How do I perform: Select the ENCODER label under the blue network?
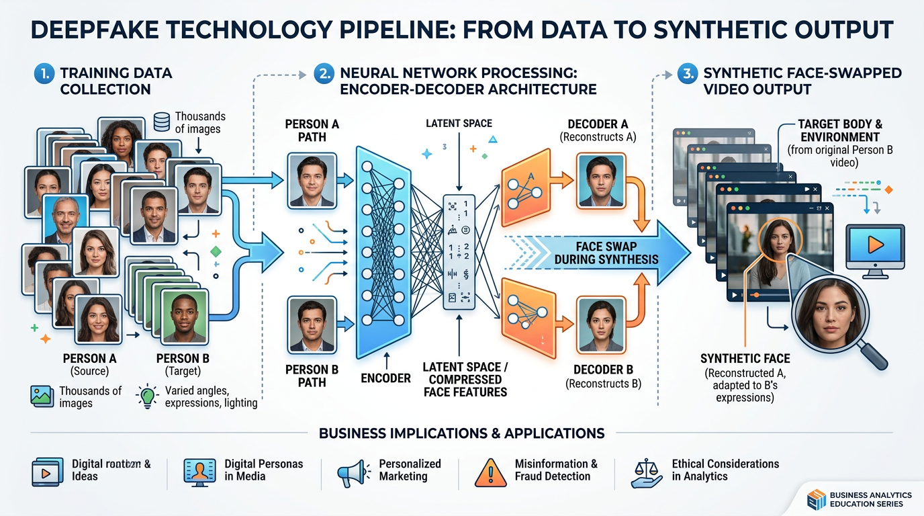pyautogui.click(x=385, y=378)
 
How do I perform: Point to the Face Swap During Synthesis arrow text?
pyautogui.click(x=606, y=253)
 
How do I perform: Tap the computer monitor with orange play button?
pyautogui.click(x=874, y=249)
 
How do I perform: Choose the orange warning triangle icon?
pyautogui.click(x=490, y=472)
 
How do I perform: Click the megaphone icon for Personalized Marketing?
pyautogui.click(x=353, y=473)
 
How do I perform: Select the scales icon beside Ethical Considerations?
pyautogui.click(x=647, y=472)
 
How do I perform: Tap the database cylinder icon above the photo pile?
pyautogui.click(x=161, y=122)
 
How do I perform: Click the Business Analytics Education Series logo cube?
pyautogui.click(x=815, y=499)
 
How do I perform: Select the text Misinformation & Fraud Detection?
pyautogui.click(x=555, y=470)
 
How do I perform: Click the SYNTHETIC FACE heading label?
pyautogui.click(x=745, y=359)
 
